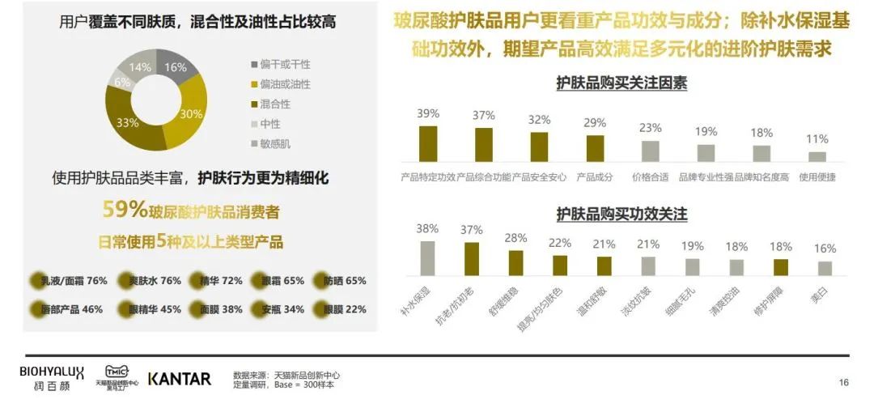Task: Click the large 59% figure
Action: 124,210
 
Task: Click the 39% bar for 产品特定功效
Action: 428,144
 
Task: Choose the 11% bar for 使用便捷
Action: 817,157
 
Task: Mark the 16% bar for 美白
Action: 825,268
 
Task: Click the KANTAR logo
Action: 180,379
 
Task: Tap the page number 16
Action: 843,382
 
